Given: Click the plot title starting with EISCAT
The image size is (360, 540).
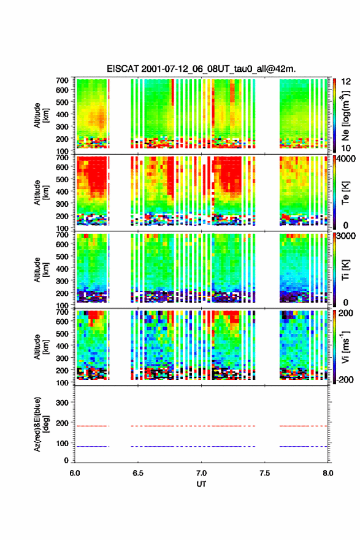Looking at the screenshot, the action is click(201, 69).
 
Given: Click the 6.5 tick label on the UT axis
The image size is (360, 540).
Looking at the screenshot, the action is click(137, 473).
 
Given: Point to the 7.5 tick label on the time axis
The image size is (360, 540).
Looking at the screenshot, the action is click(264, 473).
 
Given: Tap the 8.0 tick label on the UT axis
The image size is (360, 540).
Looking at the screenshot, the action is click(328, 473).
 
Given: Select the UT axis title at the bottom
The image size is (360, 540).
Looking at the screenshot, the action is click(201, 484).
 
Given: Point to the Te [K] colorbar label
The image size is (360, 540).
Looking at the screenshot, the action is click(345, 193).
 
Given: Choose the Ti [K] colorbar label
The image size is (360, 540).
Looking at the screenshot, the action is click(345, 269).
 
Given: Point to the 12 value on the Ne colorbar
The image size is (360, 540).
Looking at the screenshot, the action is click(346, 82).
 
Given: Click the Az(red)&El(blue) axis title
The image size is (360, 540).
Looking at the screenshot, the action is click(41, 424).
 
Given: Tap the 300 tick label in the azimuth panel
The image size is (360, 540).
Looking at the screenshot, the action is click(62, 403).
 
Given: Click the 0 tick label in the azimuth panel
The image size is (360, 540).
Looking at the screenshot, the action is click(66, 460).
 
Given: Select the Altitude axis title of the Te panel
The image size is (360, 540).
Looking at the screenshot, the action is click(41, 193).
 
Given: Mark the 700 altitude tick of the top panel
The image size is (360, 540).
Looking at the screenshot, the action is click(62, 80).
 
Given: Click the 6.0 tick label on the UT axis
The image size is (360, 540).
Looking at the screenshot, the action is click(75, 473).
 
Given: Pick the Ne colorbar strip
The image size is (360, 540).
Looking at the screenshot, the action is click(334, 115).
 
